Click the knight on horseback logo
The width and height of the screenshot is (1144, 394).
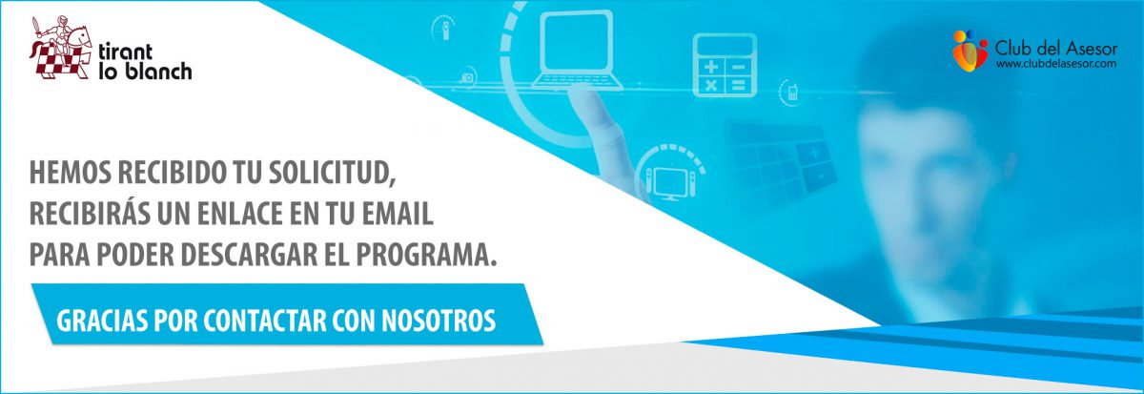pyautogui.click(x=61, y=47)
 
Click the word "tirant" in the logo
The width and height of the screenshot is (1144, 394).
pyautogui.click(x=125, y=52)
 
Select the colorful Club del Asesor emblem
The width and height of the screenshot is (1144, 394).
pyautogui.click(x=970, y=51)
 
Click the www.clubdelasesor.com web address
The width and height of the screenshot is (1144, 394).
pyautogui.click(x=1056, y=64)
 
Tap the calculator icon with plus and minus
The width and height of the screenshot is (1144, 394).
pyautogui.click(x=725, y=66)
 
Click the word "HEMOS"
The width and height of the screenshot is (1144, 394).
pyautogui.click(x=70, y=173)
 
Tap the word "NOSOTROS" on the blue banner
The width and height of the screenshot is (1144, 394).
pyautogui.click(x=439, y=321)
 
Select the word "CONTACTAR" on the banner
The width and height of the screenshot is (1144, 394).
pyautogui.click(x=265, y=321)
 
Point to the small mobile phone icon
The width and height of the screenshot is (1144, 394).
pyautogui.click(x=792, y=93)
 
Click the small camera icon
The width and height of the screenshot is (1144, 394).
pyautogui.click(x=467, y=77)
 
